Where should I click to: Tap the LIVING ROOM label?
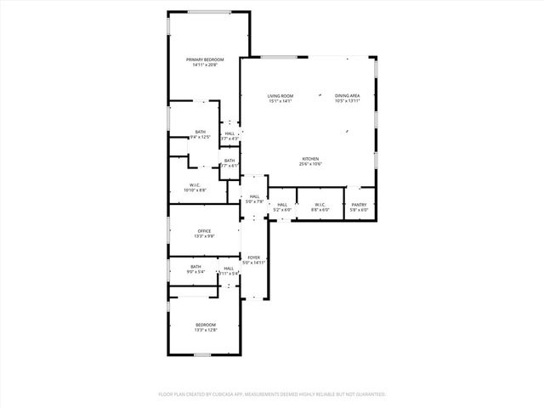point(280,96)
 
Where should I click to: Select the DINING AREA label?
point(348,96)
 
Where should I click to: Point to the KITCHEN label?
point(310,159)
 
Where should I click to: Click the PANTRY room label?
point(360,204)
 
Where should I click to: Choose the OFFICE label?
point(205,230)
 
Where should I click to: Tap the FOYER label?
point(254,257)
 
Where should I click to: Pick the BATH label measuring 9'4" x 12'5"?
point(201,132)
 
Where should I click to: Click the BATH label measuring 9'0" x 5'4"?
point(196,267)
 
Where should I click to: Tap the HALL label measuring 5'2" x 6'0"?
point(282,204)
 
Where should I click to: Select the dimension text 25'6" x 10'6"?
point(310,164)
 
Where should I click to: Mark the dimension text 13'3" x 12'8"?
point(206,330)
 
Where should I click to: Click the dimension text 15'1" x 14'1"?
point(280,102)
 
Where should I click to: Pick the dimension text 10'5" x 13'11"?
point(348,102)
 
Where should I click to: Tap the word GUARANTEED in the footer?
point(368,394)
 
